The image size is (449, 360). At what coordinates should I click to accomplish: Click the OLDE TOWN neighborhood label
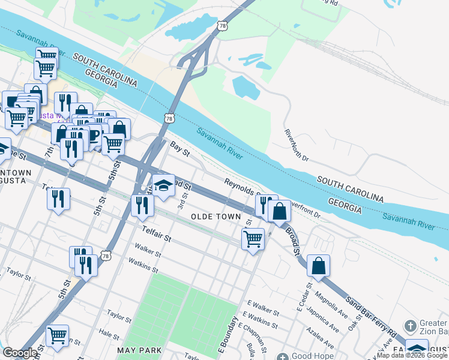(215, 217)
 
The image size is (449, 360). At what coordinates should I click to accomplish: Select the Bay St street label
(179, 149)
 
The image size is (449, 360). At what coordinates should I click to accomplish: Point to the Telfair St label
(157, 234)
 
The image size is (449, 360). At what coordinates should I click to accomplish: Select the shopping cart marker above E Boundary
(253, 239)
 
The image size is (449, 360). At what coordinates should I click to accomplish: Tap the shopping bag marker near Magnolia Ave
(319, 266)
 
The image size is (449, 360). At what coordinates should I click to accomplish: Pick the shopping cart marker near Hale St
(57, 335)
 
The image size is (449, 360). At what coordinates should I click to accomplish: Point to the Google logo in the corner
(20, 353)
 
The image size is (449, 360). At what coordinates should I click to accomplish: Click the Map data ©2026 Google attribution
(412, 355)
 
